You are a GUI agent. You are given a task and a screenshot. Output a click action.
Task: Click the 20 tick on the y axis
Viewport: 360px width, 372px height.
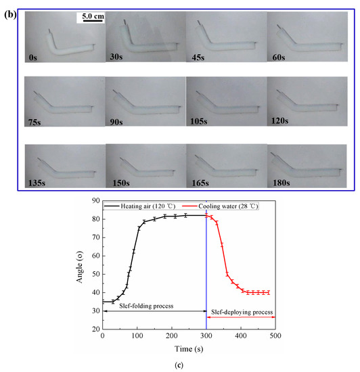(x=94, y=329)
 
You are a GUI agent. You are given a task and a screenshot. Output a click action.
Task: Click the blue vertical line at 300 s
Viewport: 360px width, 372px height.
(x=206, y=271)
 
